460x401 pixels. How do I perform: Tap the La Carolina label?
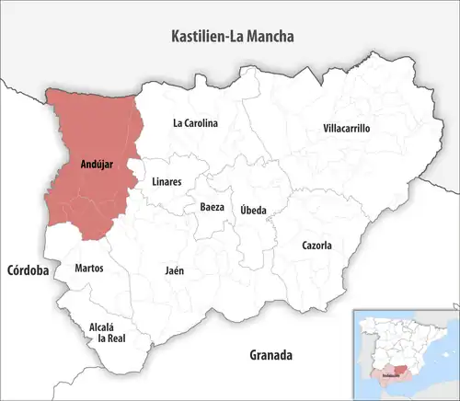click(x=195, y=122)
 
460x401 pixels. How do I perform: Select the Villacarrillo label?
click(x=346, y=129)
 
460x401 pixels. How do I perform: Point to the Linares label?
click(x=167, y=181)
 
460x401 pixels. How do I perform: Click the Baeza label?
click(x=212, y=207)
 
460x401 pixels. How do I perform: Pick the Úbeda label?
click(x=253, y=210)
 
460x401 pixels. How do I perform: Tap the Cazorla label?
click(x=316, y=246)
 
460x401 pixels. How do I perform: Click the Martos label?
click(x=89, y=269)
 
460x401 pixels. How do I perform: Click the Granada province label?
click(x=270, y=354)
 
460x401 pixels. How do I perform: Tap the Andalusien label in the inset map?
click(x=391, y=375)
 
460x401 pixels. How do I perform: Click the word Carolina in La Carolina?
click(x=201, y=122)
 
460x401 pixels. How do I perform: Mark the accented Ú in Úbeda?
click(x=243, y=209)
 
